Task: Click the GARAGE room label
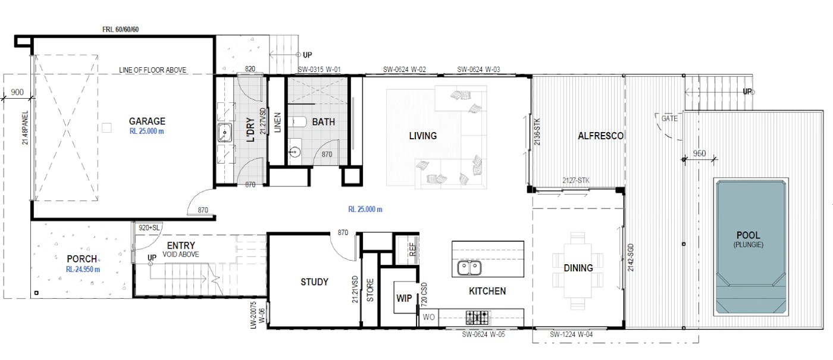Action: tap(147, 121)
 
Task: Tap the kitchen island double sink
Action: tap(469, 268)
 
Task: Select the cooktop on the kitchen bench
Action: tap(477, 318)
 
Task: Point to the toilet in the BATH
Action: tap(297, 121)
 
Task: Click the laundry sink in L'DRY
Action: tap(225, 133)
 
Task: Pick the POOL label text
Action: tap(749, 235)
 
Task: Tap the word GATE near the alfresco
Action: tap(669, 118)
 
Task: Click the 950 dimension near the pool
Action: tap(699, 154)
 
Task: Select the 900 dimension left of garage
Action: tap(17, 92)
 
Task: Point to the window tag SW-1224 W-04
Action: tap(571, 334)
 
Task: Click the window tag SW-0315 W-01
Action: tap(319, 69)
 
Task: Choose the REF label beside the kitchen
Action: tap(412, 249)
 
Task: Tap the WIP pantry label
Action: tap(404, 298)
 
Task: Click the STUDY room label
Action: tap(314, 282)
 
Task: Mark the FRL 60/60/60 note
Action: tap(120, 29)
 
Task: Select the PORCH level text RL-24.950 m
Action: tap(83, 269)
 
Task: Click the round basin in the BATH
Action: tap(295, 152)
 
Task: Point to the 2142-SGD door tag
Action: tap(630, 257)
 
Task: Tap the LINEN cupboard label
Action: tap(277, 123)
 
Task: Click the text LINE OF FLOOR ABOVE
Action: tap(152, 70)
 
